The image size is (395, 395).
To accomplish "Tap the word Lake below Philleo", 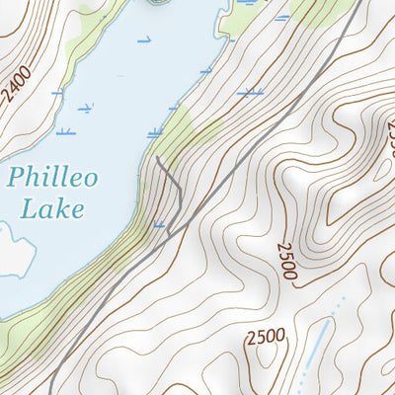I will click(51, 208).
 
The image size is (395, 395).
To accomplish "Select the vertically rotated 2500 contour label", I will click(286, 261).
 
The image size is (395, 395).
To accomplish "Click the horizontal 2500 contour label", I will click(266, 337).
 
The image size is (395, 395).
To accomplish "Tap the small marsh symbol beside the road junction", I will click(159, 225).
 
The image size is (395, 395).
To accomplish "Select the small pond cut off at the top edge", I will click(158, 2).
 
